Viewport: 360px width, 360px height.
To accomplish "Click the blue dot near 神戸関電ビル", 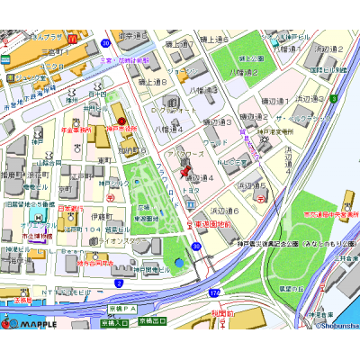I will coord(178,263).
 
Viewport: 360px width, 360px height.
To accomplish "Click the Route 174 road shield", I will coord(214,292).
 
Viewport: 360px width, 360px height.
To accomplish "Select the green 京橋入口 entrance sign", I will coord(114,320).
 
